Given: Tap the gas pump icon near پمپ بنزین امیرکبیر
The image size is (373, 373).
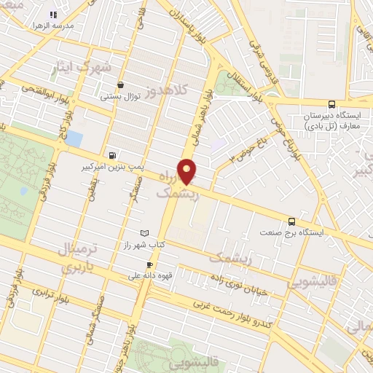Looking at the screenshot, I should click(111, 154).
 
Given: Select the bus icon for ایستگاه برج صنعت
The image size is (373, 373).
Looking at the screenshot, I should click(292, 221).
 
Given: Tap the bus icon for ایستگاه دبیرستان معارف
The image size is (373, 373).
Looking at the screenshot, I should click(332, 104).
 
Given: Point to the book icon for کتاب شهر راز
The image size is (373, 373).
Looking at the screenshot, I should click(144, 232).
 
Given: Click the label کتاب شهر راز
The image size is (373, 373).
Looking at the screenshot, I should click(144, 246).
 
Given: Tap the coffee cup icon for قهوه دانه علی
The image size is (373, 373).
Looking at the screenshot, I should click(149, 264).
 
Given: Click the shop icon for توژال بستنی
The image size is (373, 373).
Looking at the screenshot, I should click(119, 85).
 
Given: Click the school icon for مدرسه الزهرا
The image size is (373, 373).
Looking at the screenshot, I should click(52, 15).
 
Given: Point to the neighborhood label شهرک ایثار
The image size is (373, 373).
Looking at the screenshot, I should click(81, 67).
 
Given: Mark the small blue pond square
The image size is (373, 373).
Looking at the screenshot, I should click(74, 138).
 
